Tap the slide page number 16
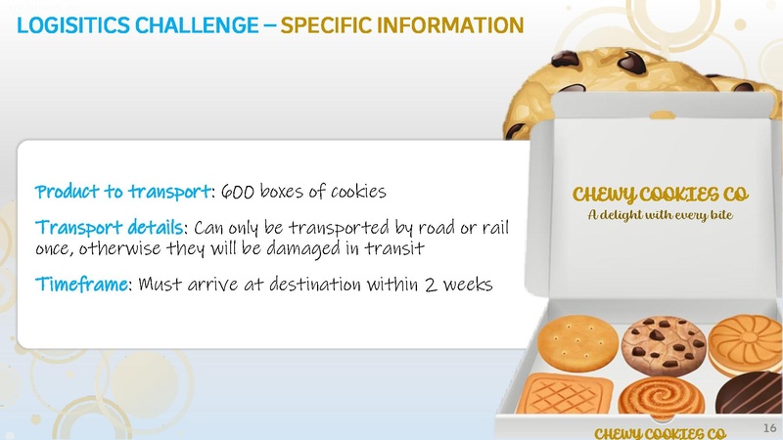click(768, 427)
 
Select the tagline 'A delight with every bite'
click(653, 213)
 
